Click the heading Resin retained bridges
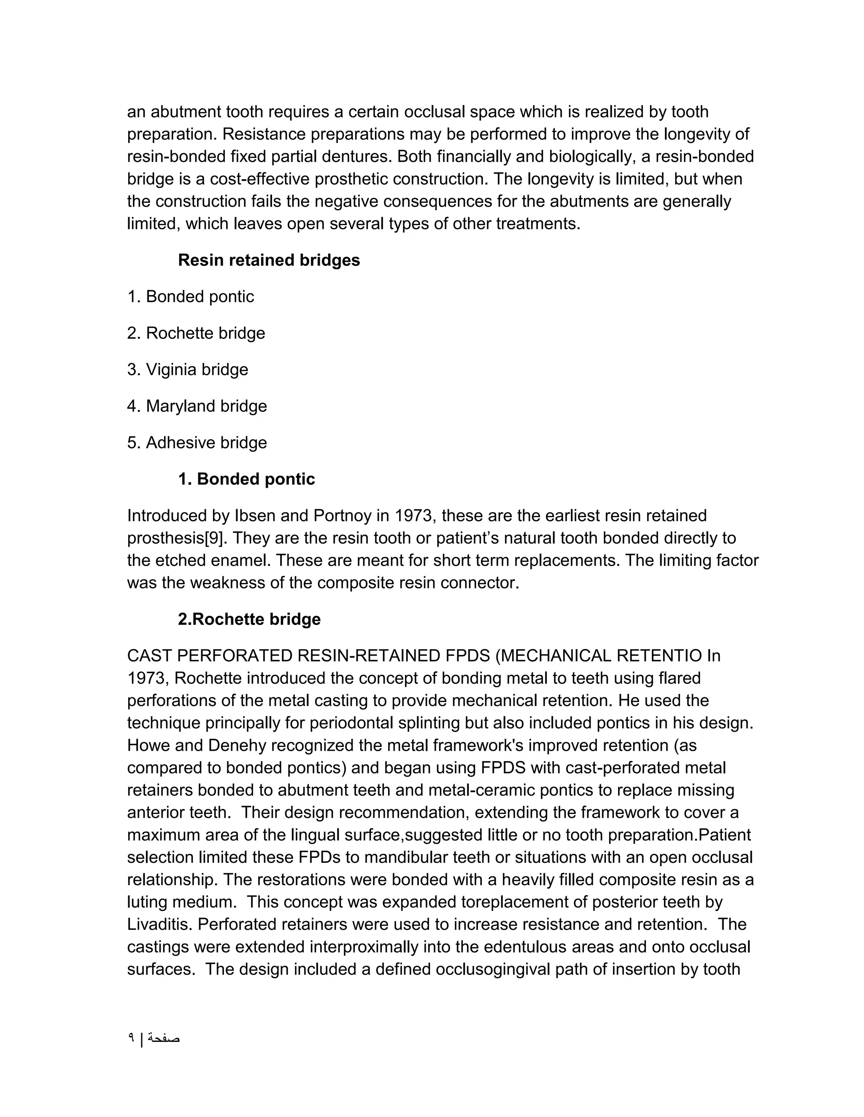click(x=269, y=260)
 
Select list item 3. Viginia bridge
click(x=187, y=369)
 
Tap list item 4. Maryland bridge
click(x=197, y=406)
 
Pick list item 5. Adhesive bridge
click(x=197, y=443)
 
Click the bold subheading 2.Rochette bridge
click(x=249, y=619)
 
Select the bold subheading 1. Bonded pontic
click(x=246, y=479)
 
